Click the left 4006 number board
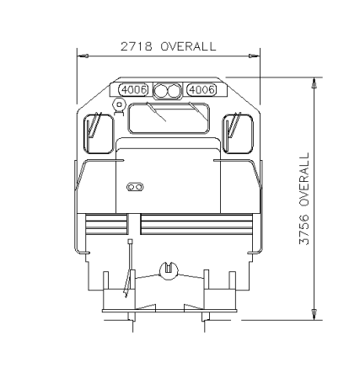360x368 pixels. pyautogui.click(x=133, y=90)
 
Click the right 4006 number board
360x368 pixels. pyautogui.click(x=202, y=90)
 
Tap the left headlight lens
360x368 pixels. pyautogui.click(x=162, y=91)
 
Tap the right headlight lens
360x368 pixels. pyautogui.click(x=174, y=91)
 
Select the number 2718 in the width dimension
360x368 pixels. pyautogui.click(x=137, y=46)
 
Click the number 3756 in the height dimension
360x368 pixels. pyautogui.click(x=304, y=230)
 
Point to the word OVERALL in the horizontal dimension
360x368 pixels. pyautogui.click(x=188, y=46)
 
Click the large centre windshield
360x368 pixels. pyautogui.click(x=169, y=118)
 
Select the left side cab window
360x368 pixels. pyautogui.click(x=99, y=134)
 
